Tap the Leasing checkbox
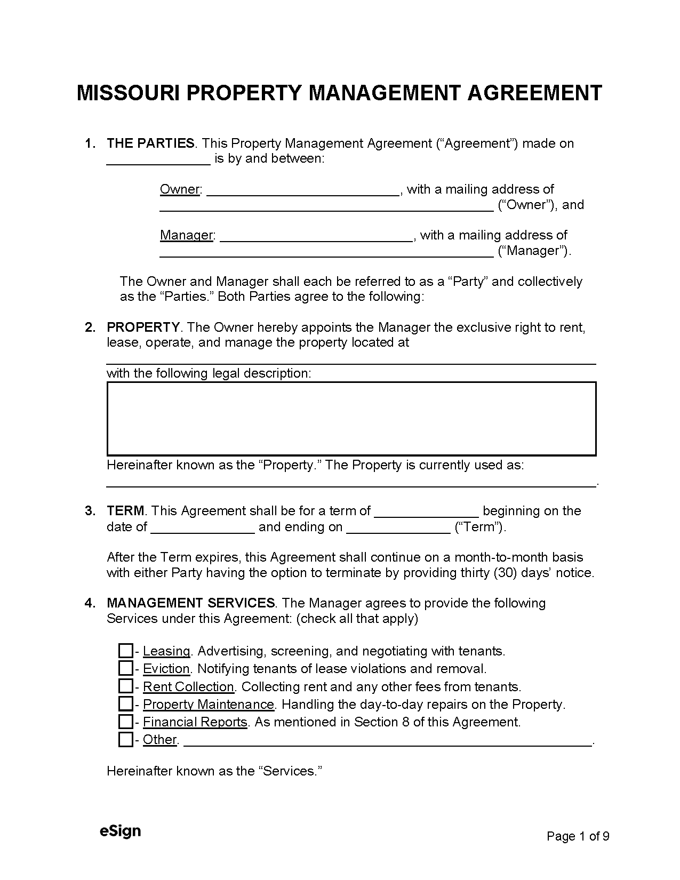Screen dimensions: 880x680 coord(125,651)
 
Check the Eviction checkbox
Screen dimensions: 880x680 coord(125,668)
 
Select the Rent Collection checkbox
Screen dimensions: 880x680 coord(125,686)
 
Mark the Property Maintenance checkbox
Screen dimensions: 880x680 coord(125,704)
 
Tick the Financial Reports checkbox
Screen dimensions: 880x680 coord(125,722)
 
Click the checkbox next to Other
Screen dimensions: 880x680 coord(125,740)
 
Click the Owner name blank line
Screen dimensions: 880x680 coord(302,191)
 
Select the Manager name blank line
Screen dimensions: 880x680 coord(316,237)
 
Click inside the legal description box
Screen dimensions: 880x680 coord(351,419)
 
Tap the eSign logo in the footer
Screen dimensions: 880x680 coord(120,831)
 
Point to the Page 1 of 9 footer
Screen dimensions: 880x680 coord(578,836)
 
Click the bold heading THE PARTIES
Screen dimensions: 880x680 coord(150,143)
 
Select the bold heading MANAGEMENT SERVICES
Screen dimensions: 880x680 coord(190,603)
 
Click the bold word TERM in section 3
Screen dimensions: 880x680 coord(125,511)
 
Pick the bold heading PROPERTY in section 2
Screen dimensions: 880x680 coord(143,327)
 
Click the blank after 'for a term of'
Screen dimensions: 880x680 coord(427,513)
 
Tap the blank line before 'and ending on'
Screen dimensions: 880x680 coord(203,529)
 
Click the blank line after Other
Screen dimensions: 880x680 coord(387,741)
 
